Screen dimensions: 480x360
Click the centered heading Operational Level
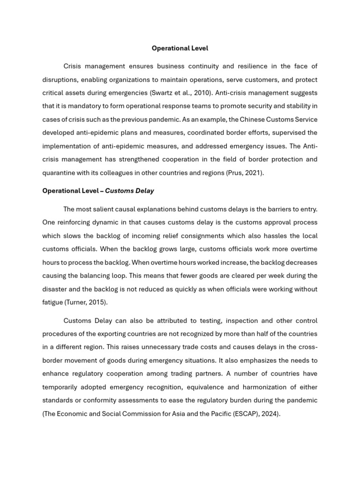click(x=180, y=48)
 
